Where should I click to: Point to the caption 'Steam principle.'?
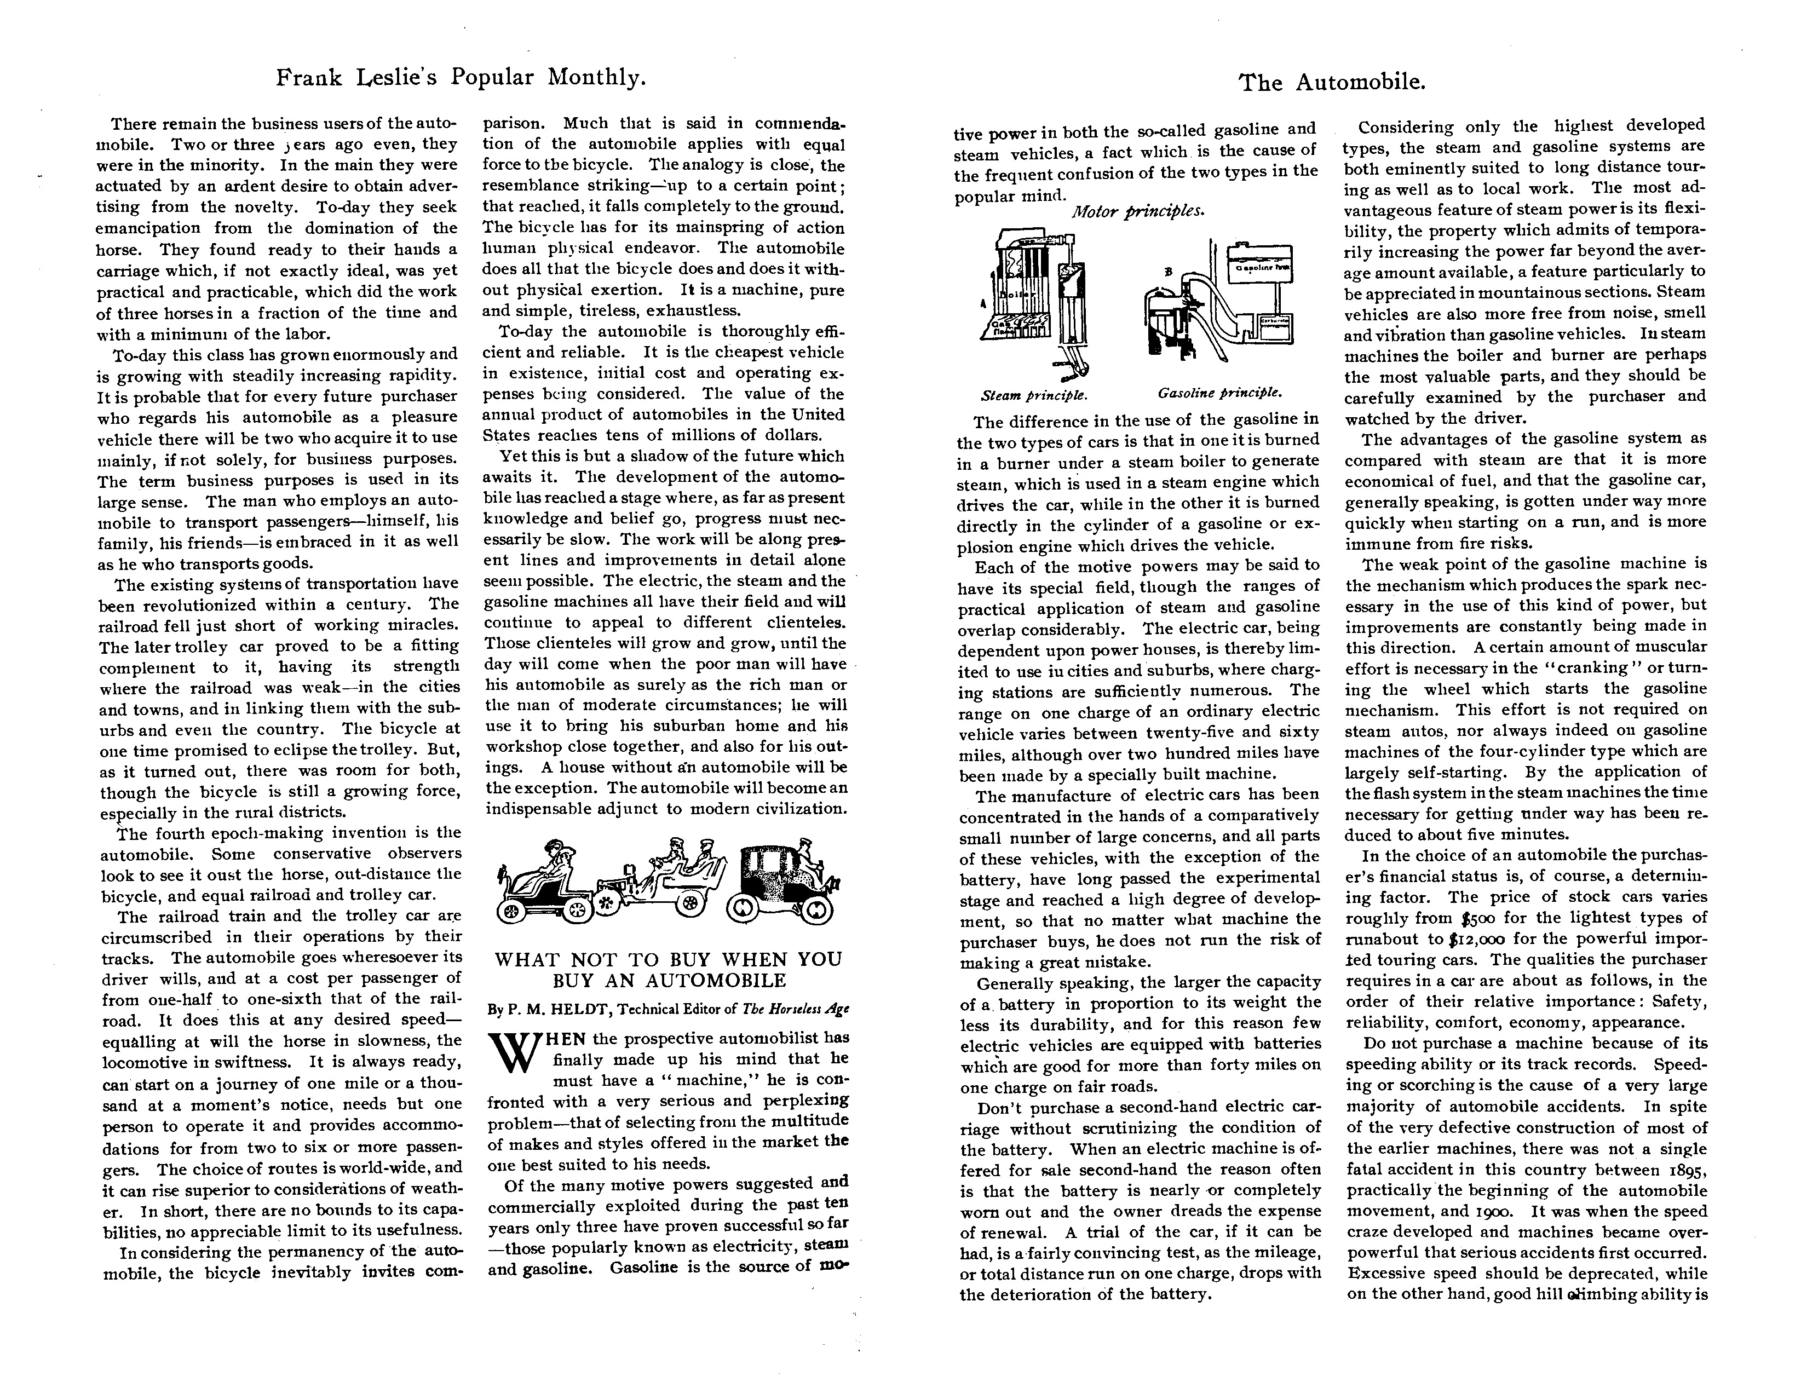pyautogui.click(x=1034, y=394)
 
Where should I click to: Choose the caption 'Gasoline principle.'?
pyautogui.click(x=1220, y=393)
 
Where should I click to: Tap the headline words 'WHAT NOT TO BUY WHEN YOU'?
pyautogui.click(x=668, y=959)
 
